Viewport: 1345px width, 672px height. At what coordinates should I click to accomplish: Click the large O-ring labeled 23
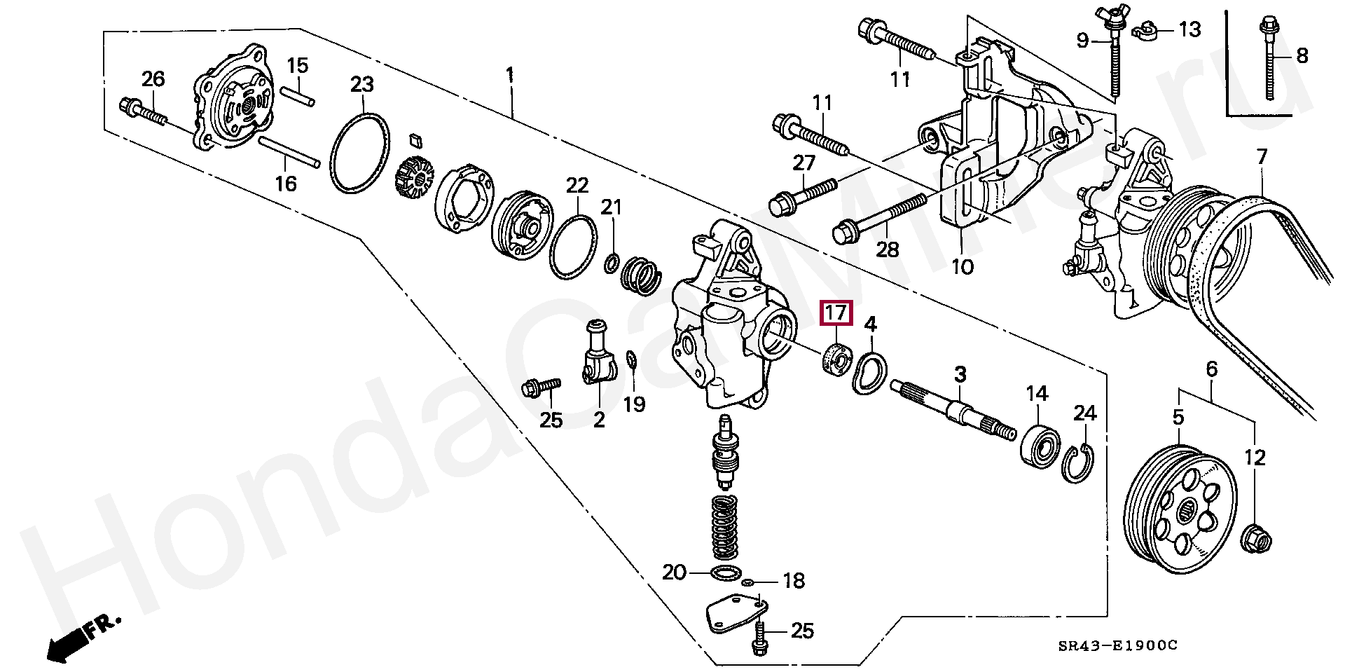tap(359, 151)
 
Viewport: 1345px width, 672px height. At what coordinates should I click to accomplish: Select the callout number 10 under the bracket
tap(963, 267)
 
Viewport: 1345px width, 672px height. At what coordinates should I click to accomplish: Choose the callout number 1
tap(510, 74)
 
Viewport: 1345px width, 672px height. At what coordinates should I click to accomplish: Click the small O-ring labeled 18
tap(747, 582)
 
